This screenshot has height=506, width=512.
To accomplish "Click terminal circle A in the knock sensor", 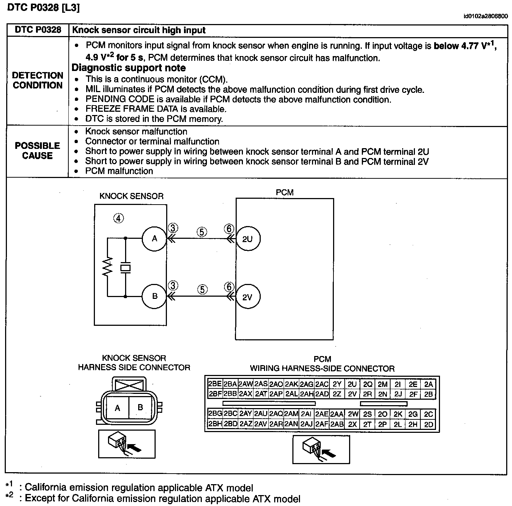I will coord(155,239).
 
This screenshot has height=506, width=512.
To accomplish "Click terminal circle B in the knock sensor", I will coord(155,296).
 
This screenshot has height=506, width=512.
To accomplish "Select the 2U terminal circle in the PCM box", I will coord(247,239).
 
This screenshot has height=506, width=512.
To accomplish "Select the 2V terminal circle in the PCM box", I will coord(247,297).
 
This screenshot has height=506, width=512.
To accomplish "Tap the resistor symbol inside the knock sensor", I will coord(108,267).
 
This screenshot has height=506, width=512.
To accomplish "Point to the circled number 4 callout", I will coord(119,218).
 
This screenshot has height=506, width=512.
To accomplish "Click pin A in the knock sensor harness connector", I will coord(117,408).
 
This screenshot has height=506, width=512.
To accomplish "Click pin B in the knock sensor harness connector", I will coord(140,407).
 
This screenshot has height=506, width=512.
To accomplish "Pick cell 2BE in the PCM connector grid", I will coord(215,384).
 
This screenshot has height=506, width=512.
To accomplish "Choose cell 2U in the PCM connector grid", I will coord(352,384).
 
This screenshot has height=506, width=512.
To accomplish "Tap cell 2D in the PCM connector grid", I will coord(429,424).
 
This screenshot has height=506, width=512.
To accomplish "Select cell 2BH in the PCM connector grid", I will coord(215,424).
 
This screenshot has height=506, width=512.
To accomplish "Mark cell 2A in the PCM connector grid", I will coord(429,384).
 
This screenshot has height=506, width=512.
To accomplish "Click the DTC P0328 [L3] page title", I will coord(43,8).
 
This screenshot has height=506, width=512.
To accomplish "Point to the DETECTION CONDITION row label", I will coord(37,80).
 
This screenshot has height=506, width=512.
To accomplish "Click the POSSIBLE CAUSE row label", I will coord(37,151).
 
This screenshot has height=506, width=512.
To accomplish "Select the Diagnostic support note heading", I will coord(129,68).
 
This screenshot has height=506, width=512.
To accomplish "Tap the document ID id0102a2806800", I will coord(485,16).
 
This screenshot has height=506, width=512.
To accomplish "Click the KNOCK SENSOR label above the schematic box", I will coord(132,196).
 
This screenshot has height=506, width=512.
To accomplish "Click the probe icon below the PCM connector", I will coord(321,450).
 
